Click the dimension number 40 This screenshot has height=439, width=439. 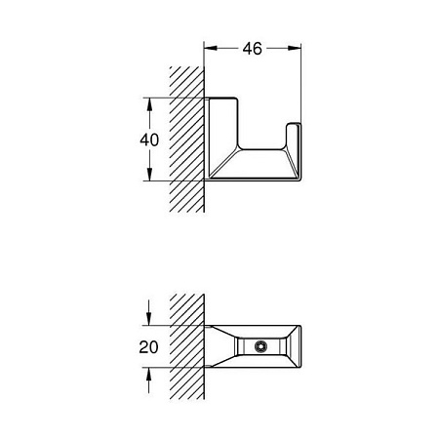tap(148, 139)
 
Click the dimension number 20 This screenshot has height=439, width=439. tap(147, 346)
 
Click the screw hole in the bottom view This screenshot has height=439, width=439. tap(260, 346)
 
